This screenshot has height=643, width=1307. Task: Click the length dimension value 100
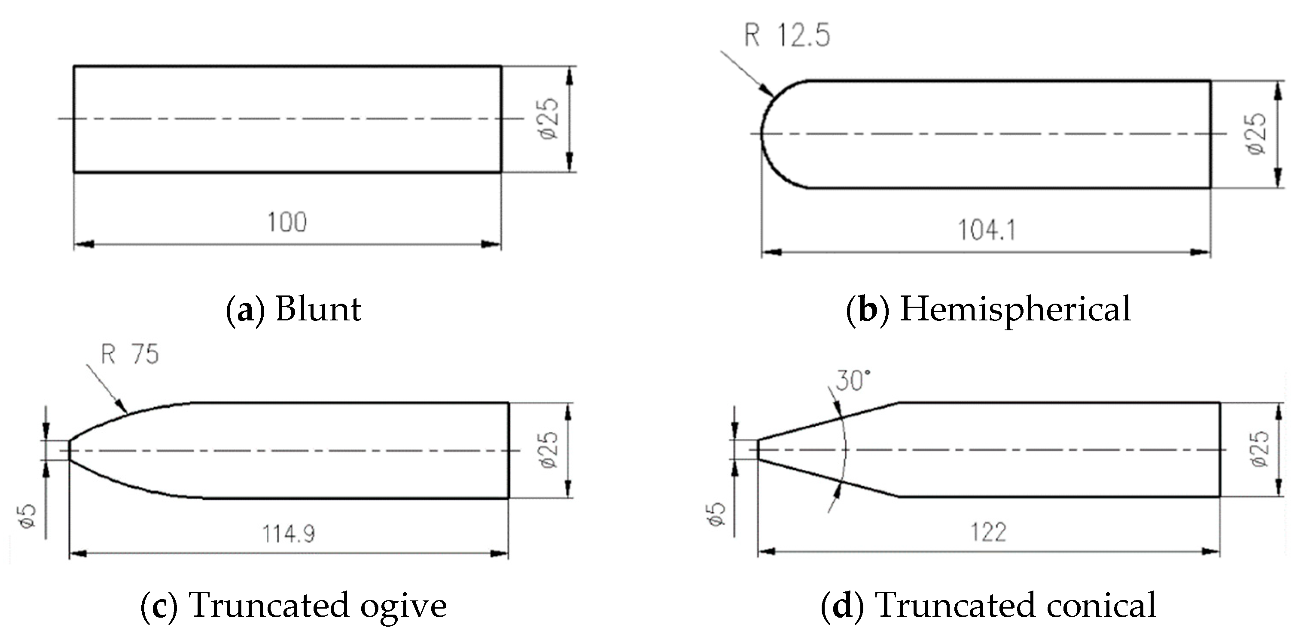point(287,222)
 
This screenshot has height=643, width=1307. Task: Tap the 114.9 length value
point(288,534)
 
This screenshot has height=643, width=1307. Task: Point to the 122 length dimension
point(988,533)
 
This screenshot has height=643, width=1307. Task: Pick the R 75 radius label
point(130,354)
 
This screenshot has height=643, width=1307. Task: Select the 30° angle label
point(853,380)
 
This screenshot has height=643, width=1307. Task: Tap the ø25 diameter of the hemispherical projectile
point(1256,134)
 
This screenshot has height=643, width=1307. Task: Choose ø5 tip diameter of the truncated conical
point(716,514)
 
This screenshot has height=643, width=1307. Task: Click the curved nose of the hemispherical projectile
point(762,134)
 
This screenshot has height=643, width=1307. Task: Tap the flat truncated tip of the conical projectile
point(758,449)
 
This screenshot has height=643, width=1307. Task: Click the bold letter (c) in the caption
point(159,606)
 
